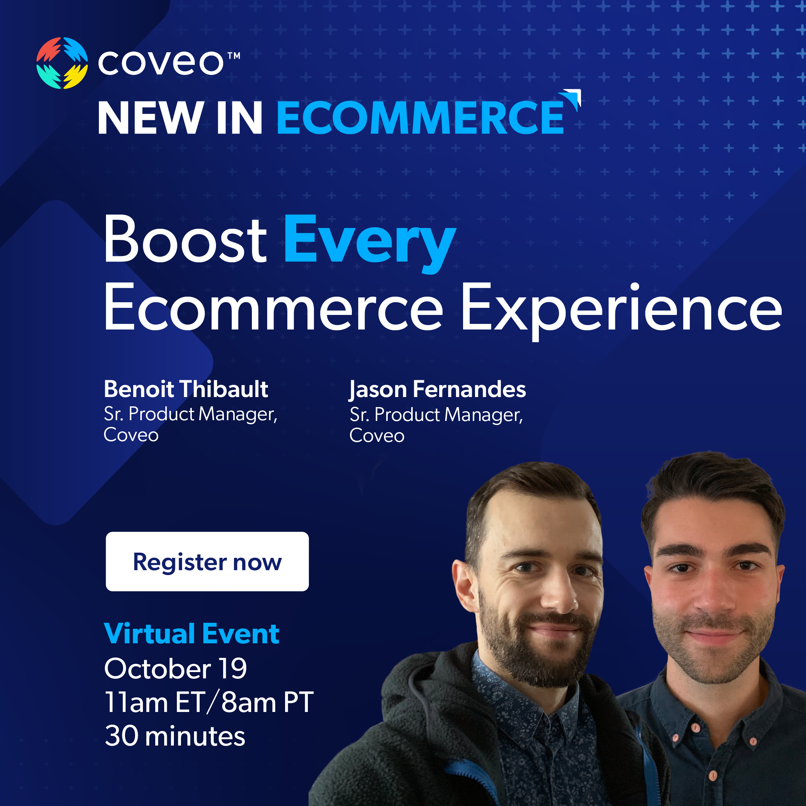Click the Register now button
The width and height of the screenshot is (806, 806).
207,561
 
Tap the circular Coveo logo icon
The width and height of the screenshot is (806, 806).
62,63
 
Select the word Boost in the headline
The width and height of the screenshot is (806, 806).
185,240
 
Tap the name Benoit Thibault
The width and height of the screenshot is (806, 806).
186,389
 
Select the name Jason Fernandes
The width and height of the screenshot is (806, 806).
438,390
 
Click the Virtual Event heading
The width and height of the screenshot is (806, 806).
191,634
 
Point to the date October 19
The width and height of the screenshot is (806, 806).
175,668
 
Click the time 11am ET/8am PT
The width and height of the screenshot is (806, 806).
209,702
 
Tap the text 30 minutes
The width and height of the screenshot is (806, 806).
175,735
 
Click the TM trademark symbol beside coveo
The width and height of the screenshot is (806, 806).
234,56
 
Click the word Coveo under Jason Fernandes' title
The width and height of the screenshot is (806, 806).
377,435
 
